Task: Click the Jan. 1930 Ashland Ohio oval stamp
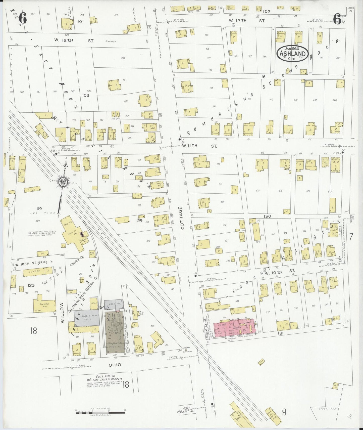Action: [x=293, y=54]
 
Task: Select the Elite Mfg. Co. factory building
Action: [x=115, y=332]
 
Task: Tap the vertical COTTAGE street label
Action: [x=182, y=218]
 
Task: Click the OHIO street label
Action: [x=115, y=365]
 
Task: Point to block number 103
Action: [x=86, y=95]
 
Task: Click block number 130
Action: [x=267, y=216]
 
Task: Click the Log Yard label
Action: [x=49, y=213]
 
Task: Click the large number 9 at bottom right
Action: [x=284, y=412]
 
